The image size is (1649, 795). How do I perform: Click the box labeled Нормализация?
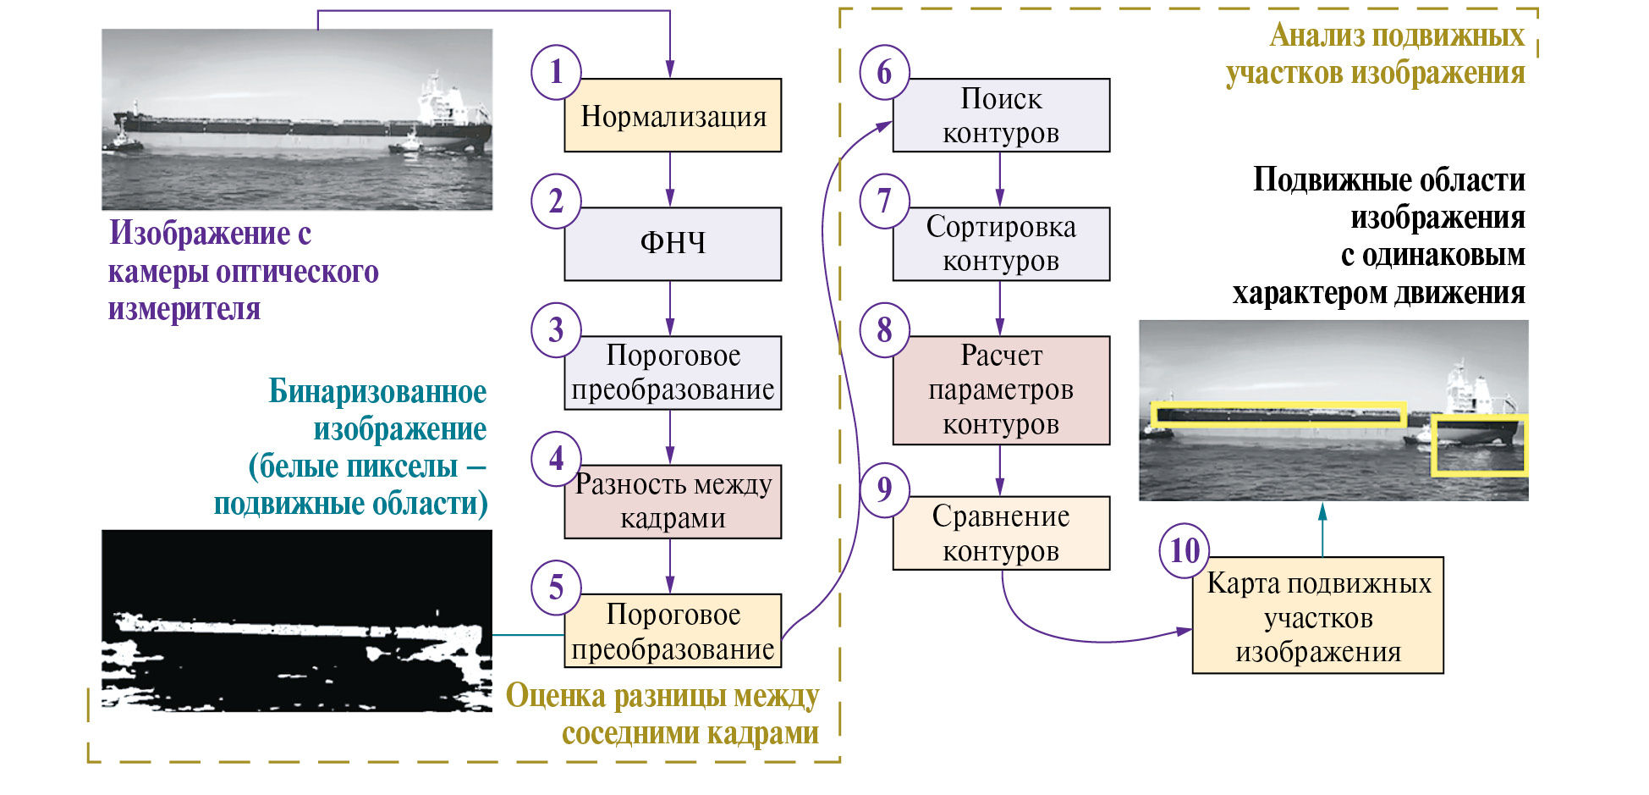tap(673, 116)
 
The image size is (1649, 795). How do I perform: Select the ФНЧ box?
tap(673, 244)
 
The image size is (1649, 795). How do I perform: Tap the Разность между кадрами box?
tap(673, 501)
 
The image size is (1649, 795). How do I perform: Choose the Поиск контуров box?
tap(1001, 116)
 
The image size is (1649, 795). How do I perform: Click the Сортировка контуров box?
tap(1001, 244)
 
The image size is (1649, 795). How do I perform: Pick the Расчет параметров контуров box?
tap(1001, 390)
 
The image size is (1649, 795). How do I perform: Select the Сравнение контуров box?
tap(1001, 533)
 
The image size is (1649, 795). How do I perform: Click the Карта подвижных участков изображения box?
tap(1317, 616)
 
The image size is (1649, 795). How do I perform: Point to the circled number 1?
tap(556, 72)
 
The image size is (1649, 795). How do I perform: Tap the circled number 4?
tap(556, 459)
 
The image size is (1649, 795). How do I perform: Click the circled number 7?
tap(884, 202)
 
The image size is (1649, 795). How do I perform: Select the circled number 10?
tap(1185, 551)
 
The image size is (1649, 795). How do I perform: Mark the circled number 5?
tap(556, 588)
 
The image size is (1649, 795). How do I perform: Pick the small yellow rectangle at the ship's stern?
tap(1478, 445)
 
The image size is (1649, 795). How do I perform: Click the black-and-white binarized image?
tap(296, 621)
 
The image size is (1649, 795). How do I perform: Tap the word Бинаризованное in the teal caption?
tap(377, 392)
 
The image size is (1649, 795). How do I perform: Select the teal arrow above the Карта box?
tap(1322, 529)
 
